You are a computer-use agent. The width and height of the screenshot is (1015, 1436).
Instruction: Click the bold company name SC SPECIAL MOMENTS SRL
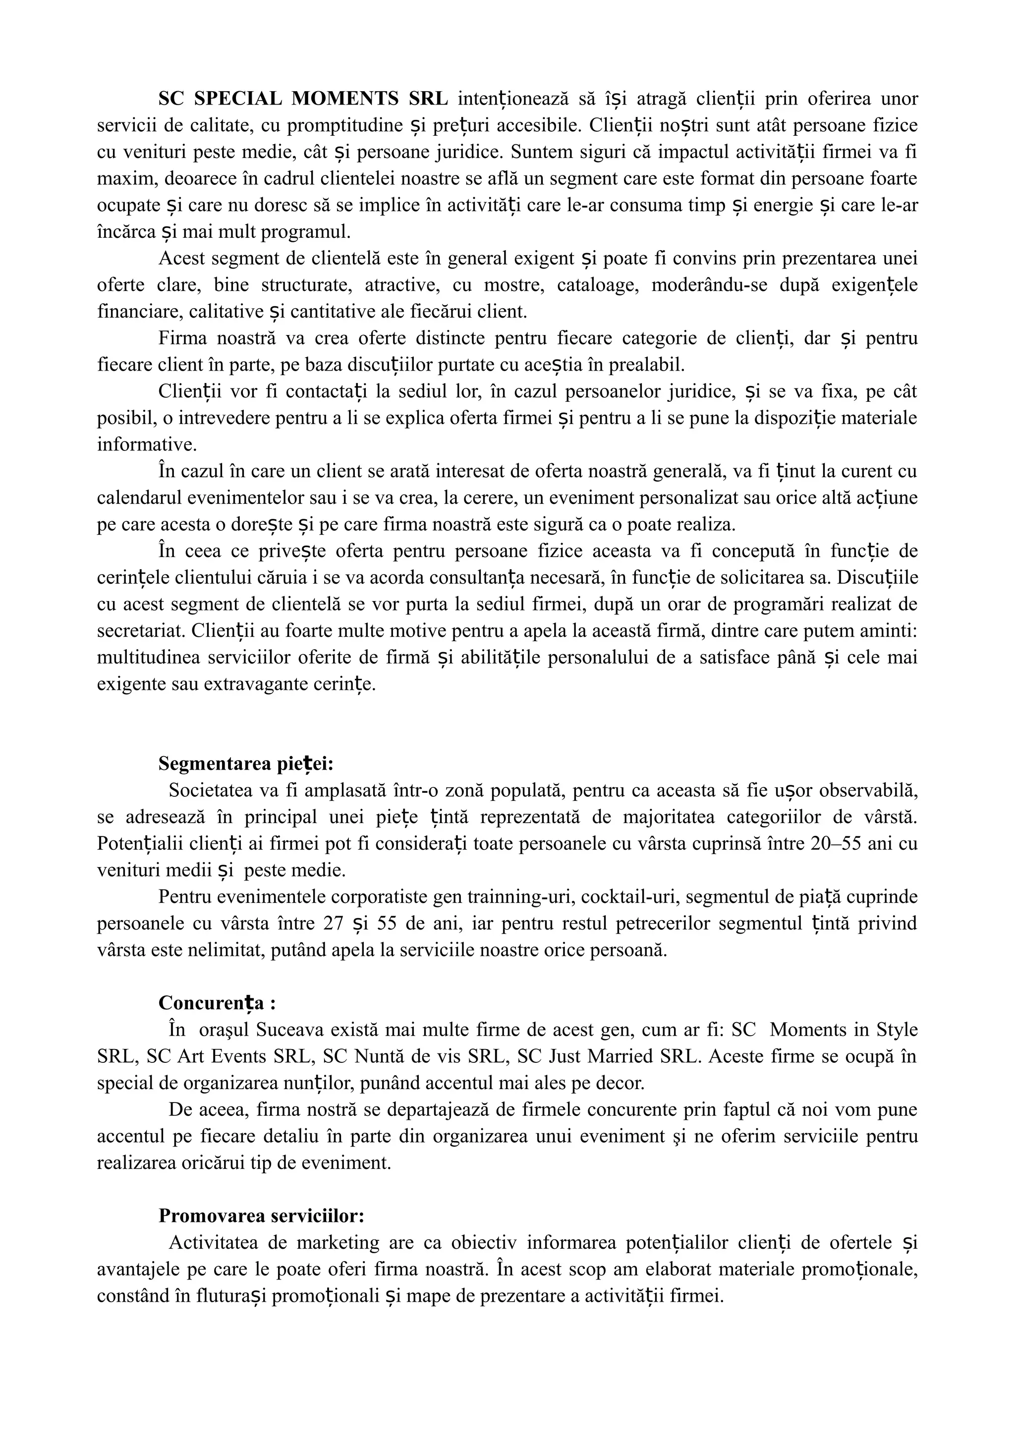click(x=303, y=99)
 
